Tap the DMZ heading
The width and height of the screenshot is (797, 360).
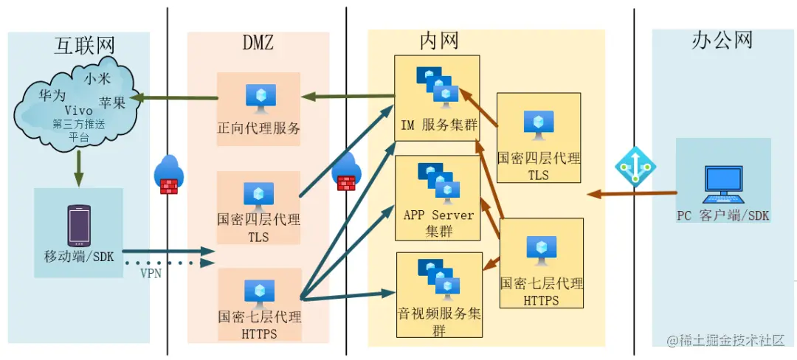(258, 43)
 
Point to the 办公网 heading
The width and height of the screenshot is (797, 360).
(722, 40)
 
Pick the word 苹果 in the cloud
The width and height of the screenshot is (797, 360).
(113, 103)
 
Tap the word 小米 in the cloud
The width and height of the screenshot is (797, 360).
(97, 77)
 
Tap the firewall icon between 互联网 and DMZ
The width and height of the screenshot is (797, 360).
(169, 175)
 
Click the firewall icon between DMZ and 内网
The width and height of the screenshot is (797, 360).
(346, 175)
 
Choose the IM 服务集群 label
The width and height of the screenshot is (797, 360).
(438, 125)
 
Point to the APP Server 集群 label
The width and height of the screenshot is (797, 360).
(438, 223)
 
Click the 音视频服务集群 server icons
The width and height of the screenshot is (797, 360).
(438, 277)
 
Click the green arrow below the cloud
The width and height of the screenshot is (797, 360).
(79, 168)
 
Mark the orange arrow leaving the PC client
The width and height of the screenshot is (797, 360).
(632, 194)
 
